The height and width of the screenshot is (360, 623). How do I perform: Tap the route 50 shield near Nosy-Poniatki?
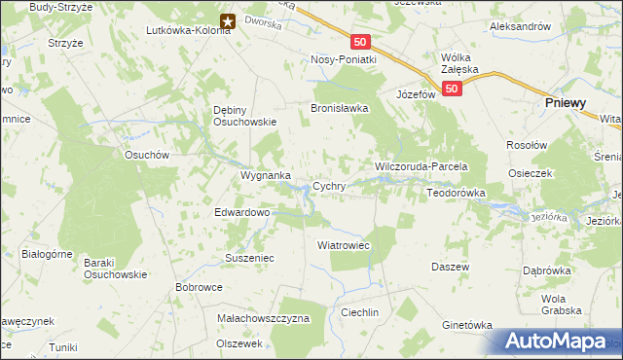pyautogui.click(x=361, y=42)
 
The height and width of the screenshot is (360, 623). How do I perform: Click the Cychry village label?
pyautogui.click(x=329, y=186)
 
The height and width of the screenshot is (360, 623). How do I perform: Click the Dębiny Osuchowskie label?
pyautogui.click(x=245, y=116)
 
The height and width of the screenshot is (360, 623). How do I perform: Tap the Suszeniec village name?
pyautogui.click(x=250, y=259)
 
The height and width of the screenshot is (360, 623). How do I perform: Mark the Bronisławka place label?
pyautogui.click(x=339, y=108)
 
